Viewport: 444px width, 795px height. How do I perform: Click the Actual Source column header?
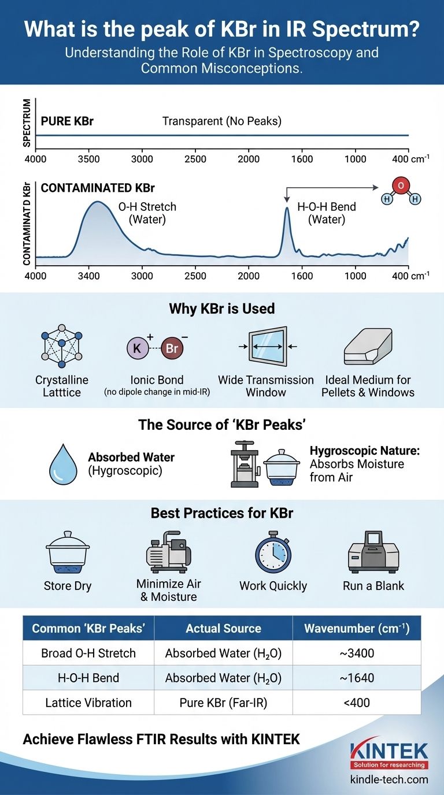(x=223, y=629)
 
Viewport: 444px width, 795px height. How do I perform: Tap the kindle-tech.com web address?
(x=389, y=779)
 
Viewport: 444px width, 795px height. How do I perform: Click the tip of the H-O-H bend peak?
(x=286, y=208)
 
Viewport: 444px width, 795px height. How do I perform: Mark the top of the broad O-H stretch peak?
(x=98, y=202)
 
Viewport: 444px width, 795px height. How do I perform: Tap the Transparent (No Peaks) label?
(x=222, y=121)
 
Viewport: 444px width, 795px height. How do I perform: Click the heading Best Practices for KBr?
(x=222, y=513)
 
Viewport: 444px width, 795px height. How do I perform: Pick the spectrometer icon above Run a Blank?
(x=373, y=553)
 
